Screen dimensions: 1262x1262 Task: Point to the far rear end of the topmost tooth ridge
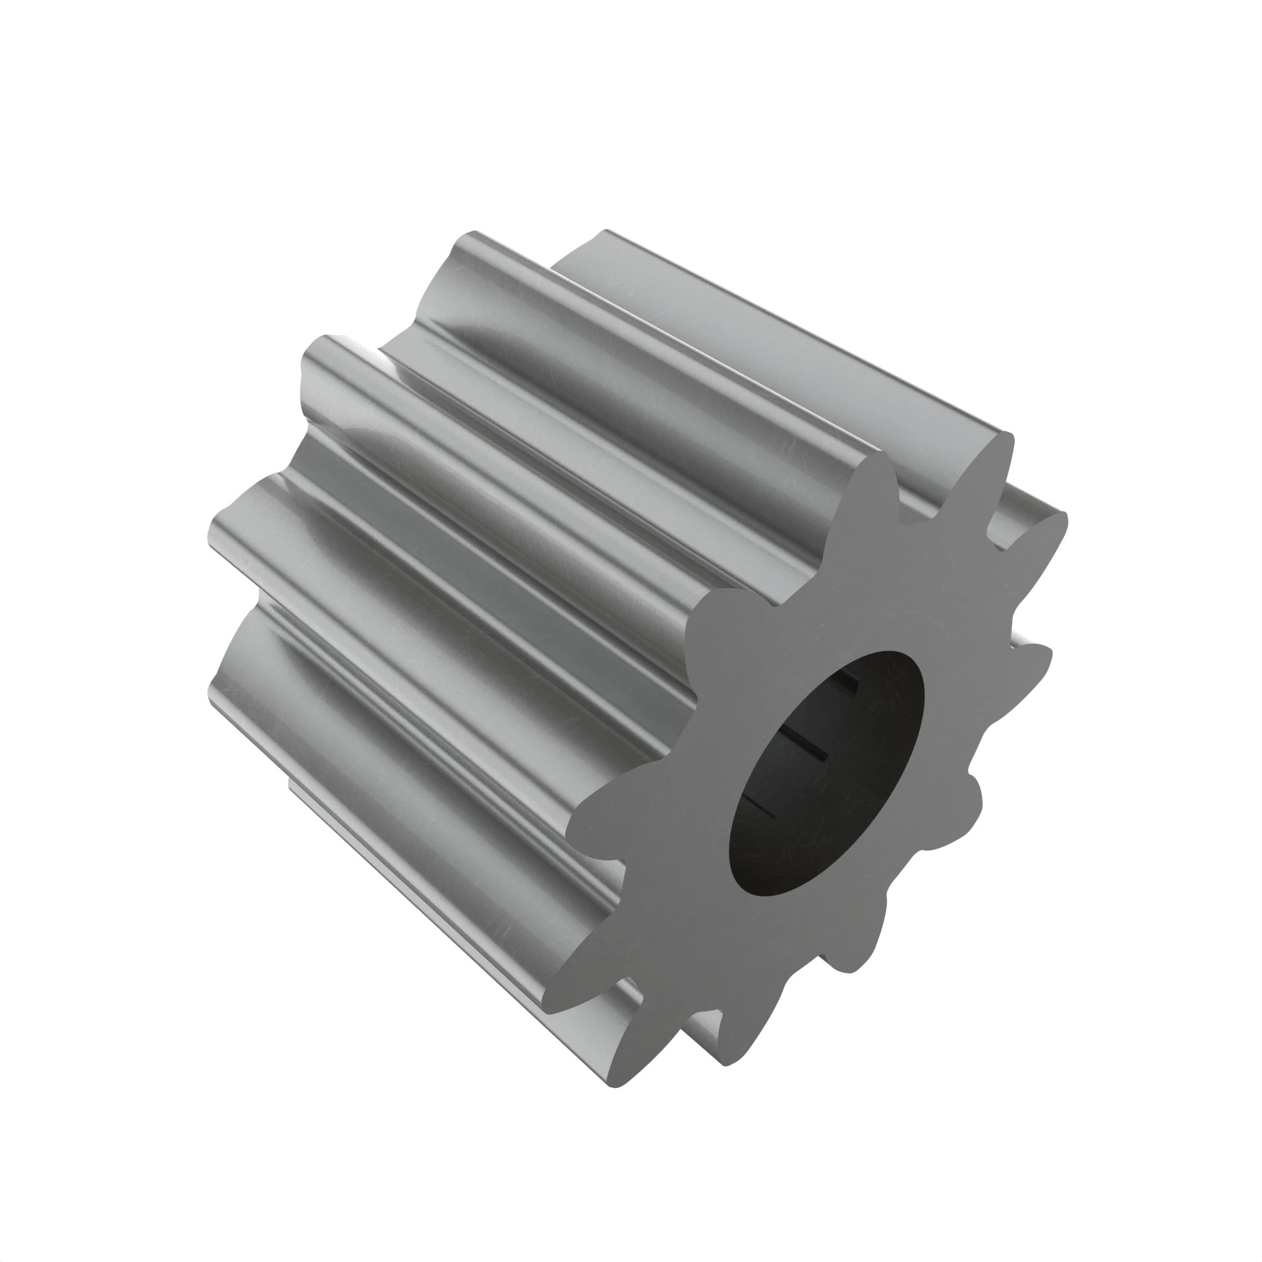click(604, 233)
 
